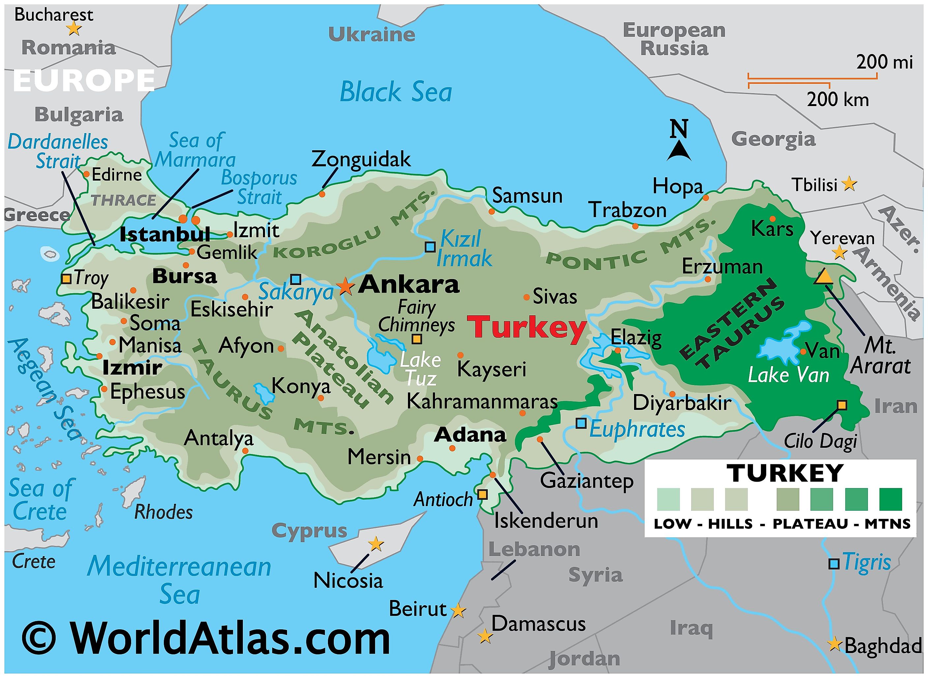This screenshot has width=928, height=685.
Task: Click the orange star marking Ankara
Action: pyautogui.click(x=345, y=286)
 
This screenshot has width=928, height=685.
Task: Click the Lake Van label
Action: pyautogui.click(x=788, y=376)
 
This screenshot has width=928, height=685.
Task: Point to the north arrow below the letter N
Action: pyautogui.click(x=679, y=151)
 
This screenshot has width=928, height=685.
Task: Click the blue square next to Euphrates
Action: pyautogui.click(x=581, y=423)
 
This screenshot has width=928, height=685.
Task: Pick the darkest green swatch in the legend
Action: pyautogui.click(x=890, y=499)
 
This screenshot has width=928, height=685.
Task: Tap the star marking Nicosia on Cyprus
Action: pyautogui.click(x=376, y=544)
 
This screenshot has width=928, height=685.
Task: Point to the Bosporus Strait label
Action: pyautogui.click(x=259, y=187)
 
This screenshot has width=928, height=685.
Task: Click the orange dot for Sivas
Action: pyautogui.click(x=526, y=297)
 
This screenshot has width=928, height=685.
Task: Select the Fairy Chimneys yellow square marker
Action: pyautogui.click(x=417, y=339)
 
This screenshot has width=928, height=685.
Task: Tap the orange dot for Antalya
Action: pyautogui.click(x=245, y=451)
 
